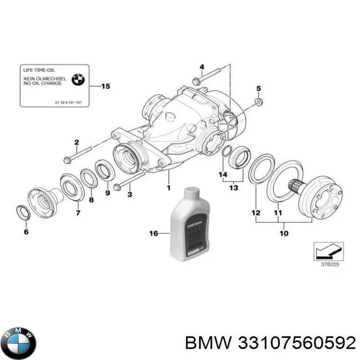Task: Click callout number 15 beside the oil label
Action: pyautogui.click(x=105, y=86)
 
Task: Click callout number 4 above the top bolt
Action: pyautogui.click(x=202, y=67)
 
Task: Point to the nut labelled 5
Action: pyautogui.click(x=258, y=102)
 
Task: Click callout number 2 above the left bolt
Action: pyautogui.click(x=76, y=142)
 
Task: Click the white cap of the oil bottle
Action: pyautogui.click(x=189, y=194)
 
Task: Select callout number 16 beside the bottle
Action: pyautogui.click(x=153, y=233)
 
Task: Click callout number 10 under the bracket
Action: pyautogui.click(x=283, y=233)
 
